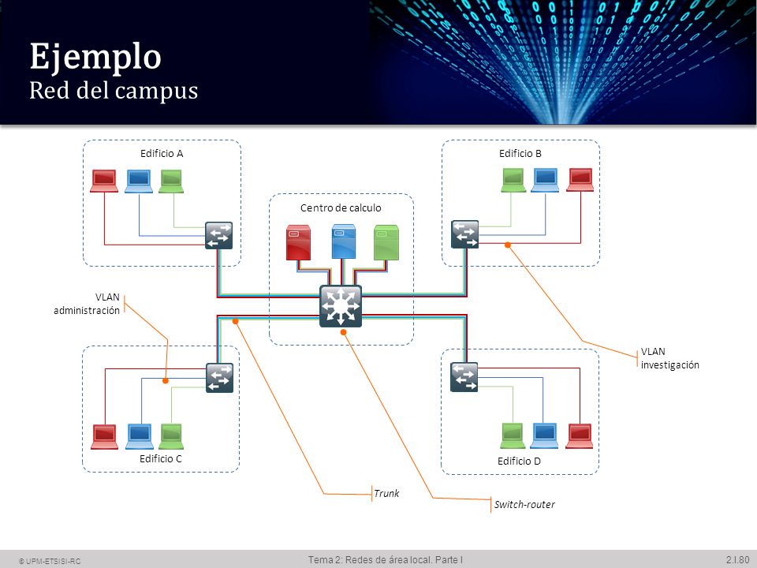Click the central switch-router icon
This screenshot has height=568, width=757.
click(x=341, y=306)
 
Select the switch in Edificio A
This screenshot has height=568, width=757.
click(x=218, y=235)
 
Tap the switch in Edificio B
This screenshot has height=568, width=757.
click(x=465, y=234)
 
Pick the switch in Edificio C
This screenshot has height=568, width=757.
click(x=220, y=378)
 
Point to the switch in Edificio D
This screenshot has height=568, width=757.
click(x=464, y=377)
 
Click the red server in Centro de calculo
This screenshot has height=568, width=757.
click(x=298, y=242)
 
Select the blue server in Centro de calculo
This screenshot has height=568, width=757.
click(x=344, y=241)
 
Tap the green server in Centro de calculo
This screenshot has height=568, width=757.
click(x=386, y=242)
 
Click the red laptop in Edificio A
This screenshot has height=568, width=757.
click(x=104, y=181)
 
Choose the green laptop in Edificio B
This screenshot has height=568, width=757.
click(x=513, y=180)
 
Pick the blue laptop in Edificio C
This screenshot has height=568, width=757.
click(x=140, y=436)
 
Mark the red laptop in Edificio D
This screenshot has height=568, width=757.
click(x=580, y=435)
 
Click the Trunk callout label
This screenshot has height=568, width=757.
click(x=386, y=493)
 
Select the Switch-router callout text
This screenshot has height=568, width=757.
click(x=524, y=504)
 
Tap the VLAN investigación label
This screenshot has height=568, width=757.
click(x=670, y=358)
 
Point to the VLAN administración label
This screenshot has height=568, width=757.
click(x=87, y=304)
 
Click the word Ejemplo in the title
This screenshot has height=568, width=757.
click(x=95, y=57)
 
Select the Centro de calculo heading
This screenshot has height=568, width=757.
click(x=341, y=207)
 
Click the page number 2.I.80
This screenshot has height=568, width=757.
click(x=738, y=559)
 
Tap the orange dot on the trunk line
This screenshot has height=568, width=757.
click(x=236, y=321)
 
